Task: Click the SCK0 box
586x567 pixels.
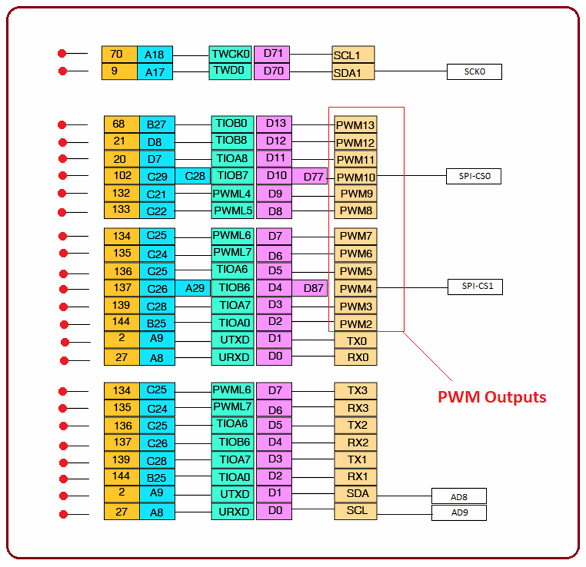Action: pos(474,71)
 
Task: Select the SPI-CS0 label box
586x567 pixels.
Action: pos(473,177)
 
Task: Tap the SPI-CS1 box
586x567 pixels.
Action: pos(474,286)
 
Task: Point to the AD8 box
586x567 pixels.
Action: pos(458,496)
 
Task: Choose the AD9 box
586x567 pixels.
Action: pos(458,513)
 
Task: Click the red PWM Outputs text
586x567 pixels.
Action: pos(492,397)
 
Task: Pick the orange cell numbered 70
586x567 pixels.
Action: pos(119,54)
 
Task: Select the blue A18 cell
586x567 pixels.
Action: pos(155,55)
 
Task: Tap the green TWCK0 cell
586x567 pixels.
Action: pos(231,54)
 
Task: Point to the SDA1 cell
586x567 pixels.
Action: pos(353,73)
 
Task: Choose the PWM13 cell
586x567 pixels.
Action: pos(355,125)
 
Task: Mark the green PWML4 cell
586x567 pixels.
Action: pos(231,194)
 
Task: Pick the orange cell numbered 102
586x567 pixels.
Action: pos(121,176)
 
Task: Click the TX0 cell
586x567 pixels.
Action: pos(355,341)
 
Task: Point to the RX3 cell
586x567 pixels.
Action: pos(355,409)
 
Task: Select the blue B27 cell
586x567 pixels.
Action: pos(156,125)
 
